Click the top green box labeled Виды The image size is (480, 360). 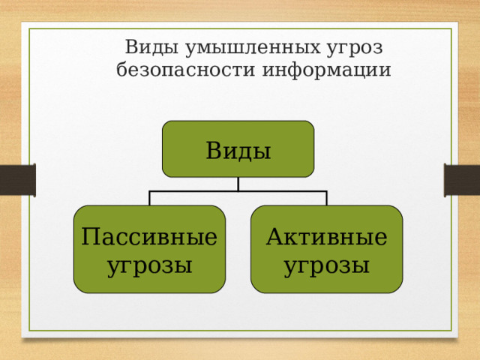click(x=238, y=149)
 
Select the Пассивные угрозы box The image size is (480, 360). click(x=150, y=249)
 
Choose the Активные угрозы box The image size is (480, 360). click(x=327, y=249)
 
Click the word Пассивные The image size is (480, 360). click(x=150, y=238)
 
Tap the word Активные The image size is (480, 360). click(x=327, y=238)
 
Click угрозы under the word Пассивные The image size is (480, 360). click(x=150, y=265)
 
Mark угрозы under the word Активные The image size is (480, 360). click(x=327, y=265)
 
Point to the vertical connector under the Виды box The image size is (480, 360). click(x=238, y=184)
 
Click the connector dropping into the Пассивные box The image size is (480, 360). click(x=150, y=199)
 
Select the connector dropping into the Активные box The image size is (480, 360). click(x=327, y=199)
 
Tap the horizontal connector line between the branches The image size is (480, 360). click(x=195, y=192)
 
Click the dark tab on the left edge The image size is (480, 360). click(x=17, y=181)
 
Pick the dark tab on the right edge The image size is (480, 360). click(x=462, y=181)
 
